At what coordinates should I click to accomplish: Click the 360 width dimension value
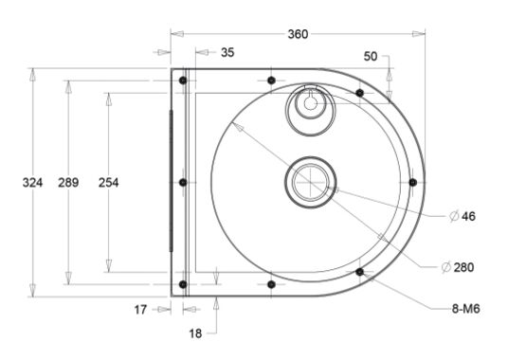click(x=298, y=34)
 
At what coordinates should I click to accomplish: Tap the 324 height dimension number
click(x=32, y=183)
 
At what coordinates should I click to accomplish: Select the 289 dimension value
click(x=68, y=183)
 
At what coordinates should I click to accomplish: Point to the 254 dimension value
click(x=108, y=183)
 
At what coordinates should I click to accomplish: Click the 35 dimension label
click(x=227, y=53)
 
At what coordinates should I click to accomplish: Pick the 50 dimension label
click(x=371, y=56)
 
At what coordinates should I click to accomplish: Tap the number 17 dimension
click(x=140, y=310)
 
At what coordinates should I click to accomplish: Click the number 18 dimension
click(x=195, y=333)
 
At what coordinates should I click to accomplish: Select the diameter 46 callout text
click(x=463, y=216)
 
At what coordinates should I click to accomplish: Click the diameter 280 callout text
click(x=458, y=267)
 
